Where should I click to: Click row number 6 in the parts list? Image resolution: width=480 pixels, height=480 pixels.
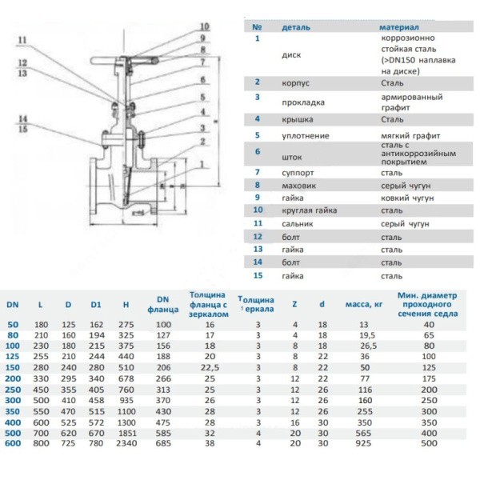click(258, 151)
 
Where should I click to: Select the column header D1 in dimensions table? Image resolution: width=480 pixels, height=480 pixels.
click(97, 305)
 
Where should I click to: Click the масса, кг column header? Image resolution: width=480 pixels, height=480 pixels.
click(362, 305)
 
